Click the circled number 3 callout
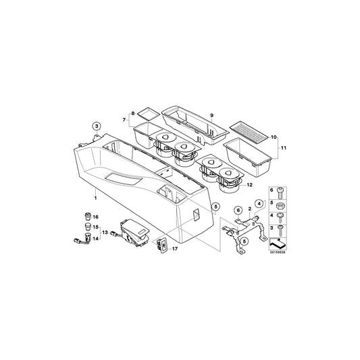tap(97, 126)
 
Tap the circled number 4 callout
tap(259, 204)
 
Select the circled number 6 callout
tap(238, 210)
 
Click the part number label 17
tap(175, 249)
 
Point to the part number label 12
tap(249, 184)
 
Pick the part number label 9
tap(211, 115)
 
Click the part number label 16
tap(95, 217)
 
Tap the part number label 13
tap(105, 232)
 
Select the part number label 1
tap(95, 198)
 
